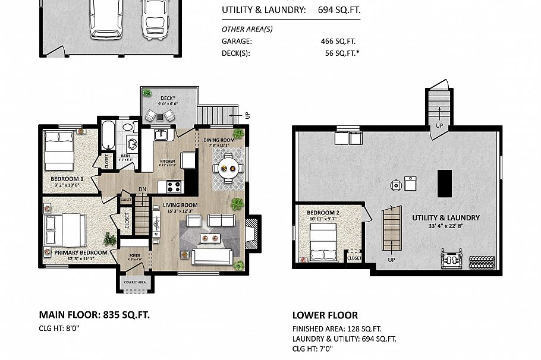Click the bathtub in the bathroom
(x=108, y=136)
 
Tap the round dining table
(x=228, y=168)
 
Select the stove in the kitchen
(x=174, y=187)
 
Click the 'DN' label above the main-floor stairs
(x=142, y=190)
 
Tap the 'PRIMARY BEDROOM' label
(x=80, y=252)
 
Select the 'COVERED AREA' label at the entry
(x=135, y=282)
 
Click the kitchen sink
(x=160, y=134)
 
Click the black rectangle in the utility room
(x=445, y=183)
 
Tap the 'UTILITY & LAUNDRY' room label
(x=446, y=217)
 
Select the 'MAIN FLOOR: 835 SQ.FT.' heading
(x=94, y=314)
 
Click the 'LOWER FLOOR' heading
(x=325, y=315)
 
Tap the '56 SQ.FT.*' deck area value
(x=342, y=53)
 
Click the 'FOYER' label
(x=135, y=257)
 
